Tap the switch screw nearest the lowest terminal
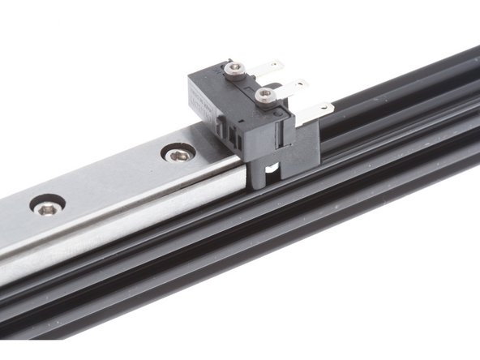point(263,95)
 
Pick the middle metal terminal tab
point(295,86)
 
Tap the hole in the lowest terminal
point(324,107)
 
